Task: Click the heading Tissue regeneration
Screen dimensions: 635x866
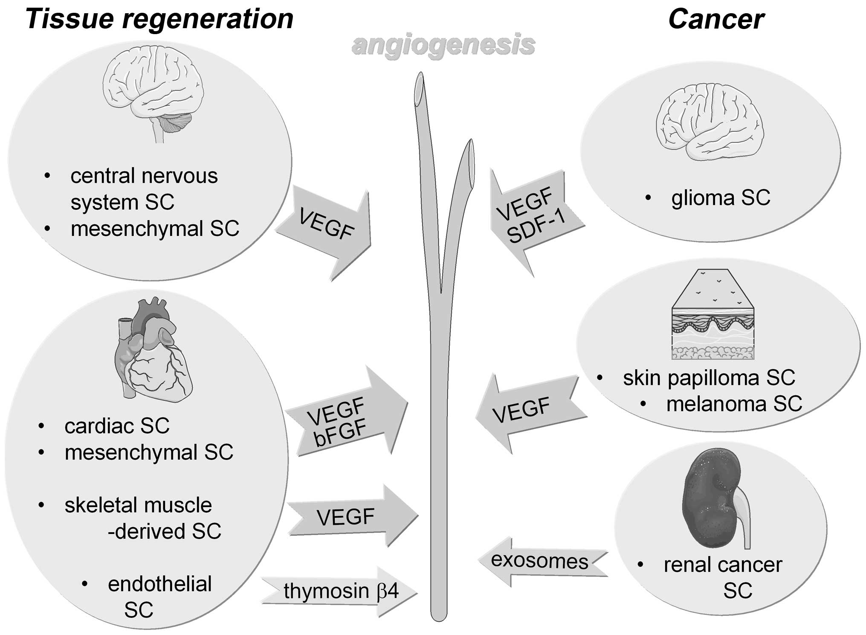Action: tap(159, 19)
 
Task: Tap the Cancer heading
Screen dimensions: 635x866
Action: tap(716, 19)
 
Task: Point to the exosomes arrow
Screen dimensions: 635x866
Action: tap(542, 560)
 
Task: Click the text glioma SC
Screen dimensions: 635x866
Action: tap(720, 198)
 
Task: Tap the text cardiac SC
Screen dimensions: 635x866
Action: tap(117, 426)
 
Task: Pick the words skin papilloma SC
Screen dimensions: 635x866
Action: tap(709, 378)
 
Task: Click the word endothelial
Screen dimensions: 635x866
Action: tap(159, 584)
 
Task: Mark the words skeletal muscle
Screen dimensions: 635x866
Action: tap(138, 505)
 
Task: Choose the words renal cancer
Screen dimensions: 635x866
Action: tap(723, 565)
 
